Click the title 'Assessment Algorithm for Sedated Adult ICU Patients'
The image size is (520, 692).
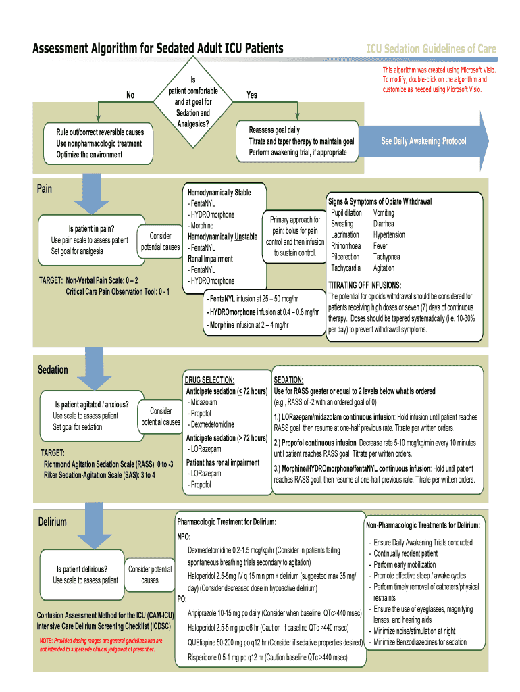[x=158, y=49]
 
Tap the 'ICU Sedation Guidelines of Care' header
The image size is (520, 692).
[x=431, y=49]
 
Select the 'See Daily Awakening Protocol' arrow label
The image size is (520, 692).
[x=423, y=141]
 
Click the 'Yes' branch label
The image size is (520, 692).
[x=251, y=95]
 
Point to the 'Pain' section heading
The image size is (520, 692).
[x=45, y=189]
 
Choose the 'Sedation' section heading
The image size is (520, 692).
[x=53, y=370]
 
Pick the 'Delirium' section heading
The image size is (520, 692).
[x=52, y=522]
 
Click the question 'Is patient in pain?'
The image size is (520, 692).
[x=91, y=228]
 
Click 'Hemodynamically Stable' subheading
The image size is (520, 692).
[x=219, y=193]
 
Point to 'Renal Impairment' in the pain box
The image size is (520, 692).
[x=210, y=259]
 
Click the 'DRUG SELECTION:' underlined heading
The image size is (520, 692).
[x=210, y=380]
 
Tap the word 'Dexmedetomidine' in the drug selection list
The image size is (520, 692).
[x=212, y=424]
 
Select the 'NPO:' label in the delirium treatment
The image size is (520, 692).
[x=184, y=537]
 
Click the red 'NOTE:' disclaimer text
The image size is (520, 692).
[x=101, y=645]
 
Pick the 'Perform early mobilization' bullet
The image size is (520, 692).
[x=405, y=564]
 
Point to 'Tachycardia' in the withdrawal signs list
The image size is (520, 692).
[x=345, y=268]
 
